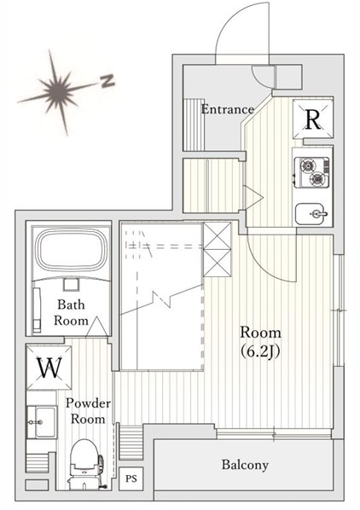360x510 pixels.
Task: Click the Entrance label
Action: [x=227, y=109]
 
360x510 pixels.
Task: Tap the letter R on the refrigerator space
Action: [x=313, y=119]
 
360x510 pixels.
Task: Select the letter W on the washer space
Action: [x=49, y=368]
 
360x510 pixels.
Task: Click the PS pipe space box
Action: [x=131, y=478]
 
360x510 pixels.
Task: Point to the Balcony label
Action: [x=245, y=465]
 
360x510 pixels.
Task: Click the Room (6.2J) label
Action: [x=260, y=341]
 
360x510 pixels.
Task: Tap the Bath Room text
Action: [x=71, y=313]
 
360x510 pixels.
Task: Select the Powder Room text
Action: [x=88, y=411]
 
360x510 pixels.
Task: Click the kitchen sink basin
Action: [x=310, y=214]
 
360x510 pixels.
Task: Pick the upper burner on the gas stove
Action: [x=307, y=165]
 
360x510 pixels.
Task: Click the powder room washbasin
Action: [x=42, y=422]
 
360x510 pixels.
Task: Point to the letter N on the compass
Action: [x=107, y=80]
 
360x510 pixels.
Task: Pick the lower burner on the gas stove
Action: [x=316, y=178]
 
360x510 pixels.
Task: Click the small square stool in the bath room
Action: [x=71, y=284]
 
